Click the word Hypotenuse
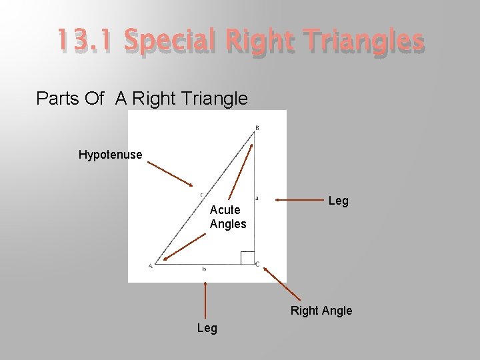(x=110, y=155)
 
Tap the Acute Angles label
(x=227, y=217)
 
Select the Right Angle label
(x=321, y=311)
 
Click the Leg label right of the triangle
(x=338, y=201)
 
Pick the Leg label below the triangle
(x=207, y=328)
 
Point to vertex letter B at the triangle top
(x=257, y=127)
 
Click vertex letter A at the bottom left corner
(x=150, y=266)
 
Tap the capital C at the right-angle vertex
(x=257, y=265)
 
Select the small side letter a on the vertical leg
(x=257, y=198)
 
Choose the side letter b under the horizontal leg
(x=203, y=269)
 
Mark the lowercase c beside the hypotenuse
(x=201, y=195)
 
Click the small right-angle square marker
(x=247, y=257)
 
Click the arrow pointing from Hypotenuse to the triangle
(x=170, y=174)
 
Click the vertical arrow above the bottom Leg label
(x=205, y=300)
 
